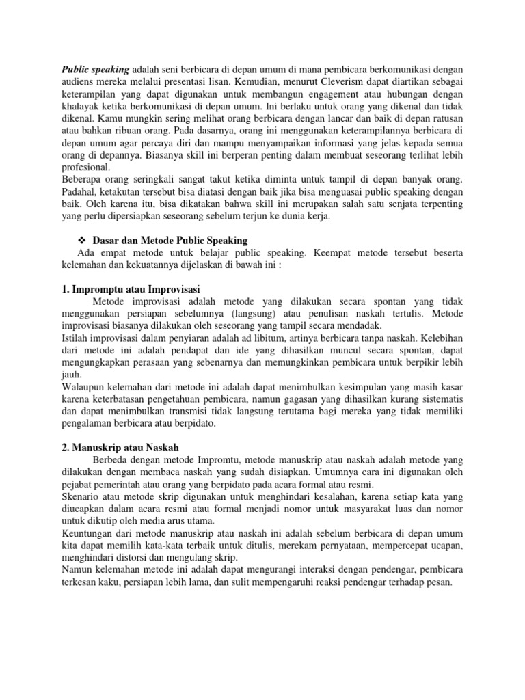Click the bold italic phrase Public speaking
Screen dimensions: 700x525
[x=96, y=70]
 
